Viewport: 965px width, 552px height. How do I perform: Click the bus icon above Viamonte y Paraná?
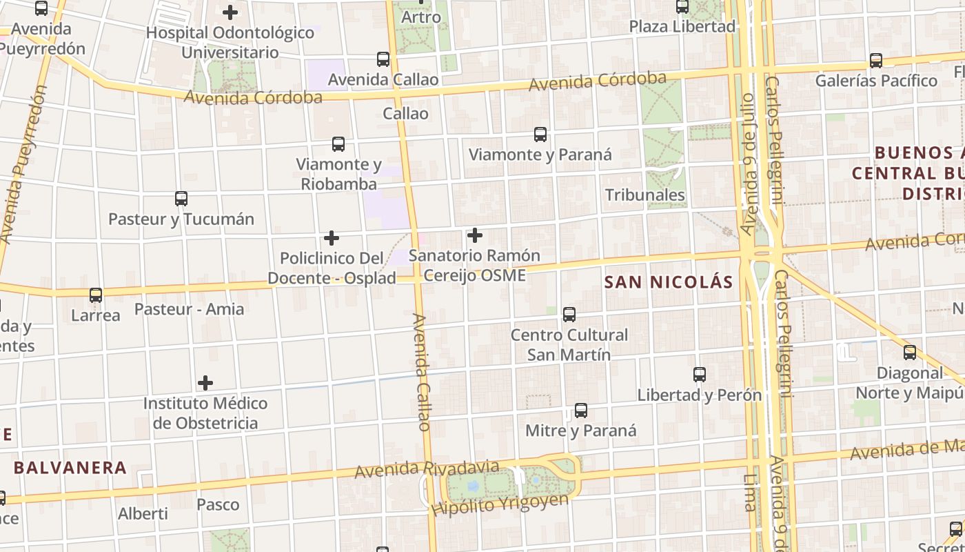point(540,134)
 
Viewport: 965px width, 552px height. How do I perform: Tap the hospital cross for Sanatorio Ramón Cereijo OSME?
point(475,235)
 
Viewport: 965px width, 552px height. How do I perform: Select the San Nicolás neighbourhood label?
point(668,282)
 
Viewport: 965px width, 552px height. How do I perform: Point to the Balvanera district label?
point(70,468)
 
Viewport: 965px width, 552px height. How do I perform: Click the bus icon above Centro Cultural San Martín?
point(569,315)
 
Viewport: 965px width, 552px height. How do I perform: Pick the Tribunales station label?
point(644,195)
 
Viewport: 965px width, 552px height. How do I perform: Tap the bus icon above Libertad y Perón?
point(700,375)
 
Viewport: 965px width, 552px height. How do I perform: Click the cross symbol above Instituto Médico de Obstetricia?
point(205,383)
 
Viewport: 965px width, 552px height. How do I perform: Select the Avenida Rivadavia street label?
point(426,469)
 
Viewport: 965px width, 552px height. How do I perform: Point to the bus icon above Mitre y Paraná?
point(581,411)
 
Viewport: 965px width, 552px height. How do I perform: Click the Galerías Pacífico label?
point(876,81)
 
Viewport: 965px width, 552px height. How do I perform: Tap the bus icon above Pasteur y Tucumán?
point(181,199)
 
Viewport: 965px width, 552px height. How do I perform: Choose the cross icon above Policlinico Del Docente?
point(332,238)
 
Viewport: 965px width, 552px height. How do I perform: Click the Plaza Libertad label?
point(682,27)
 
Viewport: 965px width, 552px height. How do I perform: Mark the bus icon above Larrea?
point(96,295)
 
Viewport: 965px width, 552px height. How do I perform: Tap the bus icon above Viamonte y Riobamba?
point(338,144)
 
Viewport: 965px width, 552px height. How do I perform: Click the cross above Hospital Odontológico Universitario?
point(230,12)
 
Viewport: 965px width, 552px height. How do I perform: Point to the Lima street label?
point(751,492)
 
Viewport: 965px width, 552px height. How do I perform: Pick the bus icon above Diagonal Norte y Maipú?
point(910,353)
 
